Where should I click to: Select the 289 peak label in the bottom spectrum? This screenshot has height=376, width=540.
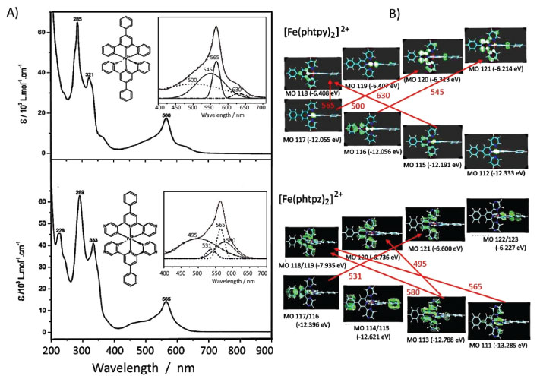click(x=79, y=192)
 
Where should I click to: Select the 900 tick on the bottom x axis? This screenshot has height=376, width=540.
click(x=261, y=351)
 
